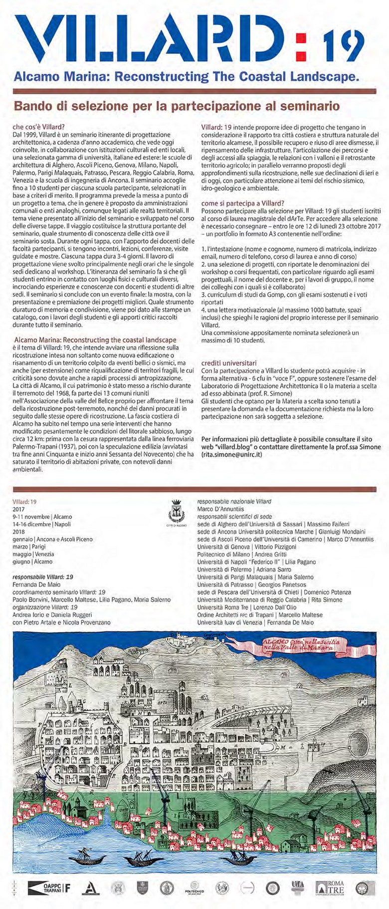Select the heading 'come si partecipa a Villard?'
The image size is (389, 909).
pos(243,203)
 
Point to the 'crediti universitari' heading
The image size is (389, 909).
pos(229,363)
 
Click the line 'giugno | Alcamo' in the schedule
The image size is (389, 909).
pos(33,562)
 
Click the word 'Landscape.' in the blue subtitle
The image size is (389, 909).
pos(330,77)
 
